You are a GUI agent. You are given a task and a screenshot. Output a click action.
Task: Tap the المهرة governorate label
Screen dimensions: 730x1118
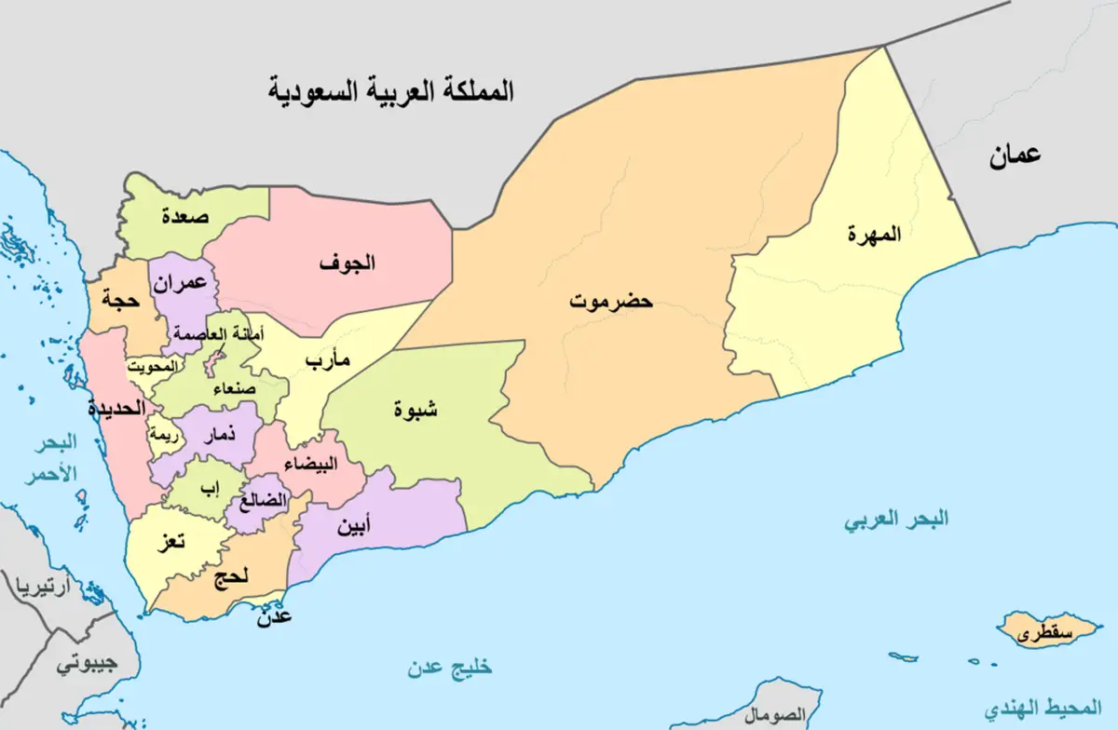click(875, 234)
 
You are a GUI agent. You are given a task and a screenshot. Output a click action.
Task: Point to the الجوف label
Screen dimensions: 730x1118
click(347, 263)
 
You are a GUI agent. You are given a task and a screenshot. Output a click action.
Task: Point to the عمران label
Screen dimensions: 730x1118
click(181, 285)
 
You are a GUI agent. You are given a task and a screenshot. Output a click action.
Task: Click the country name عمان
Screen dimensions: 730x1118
click(1015, 155)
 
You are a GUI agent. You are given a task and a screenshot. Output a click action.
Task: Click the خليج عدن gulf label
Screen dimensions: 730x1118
click(449, 667)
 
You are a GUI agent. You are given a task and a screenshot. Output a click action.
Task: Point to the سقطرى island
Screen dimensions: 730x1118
click(1043, 634)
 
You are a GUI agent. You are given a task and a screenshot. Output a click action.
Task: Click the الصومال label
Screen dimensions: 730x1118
click(776, 713)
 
